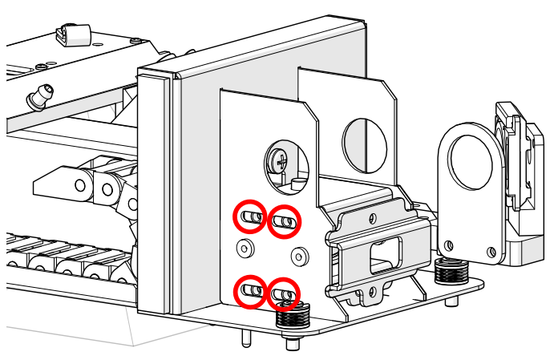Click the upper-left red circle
pos(250,216)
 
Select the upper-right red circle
pos(283,221)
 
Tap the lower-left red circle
pos(250,290)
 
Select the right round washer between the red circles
pos(299,257)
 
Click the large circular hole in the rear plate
pos(365,144)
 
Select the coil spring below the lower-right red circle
pos(293,317)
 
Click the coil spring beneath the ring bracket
pos(451,271)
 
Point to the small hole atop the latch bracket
pos(370,217)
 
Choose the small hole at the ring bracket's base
pos(449,245)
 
